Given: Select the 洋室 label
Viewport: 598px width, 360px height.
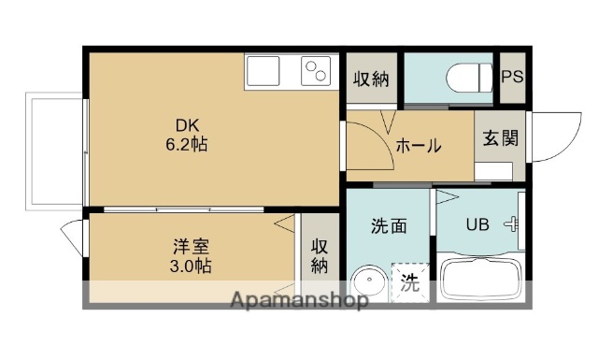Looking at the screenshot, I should click(191, 247).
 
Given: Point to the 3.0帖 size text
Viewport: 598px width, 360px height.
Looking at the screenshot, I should click(191, 266).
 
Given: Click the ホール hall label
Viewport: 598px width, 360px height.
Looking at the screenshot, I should click(418, 146).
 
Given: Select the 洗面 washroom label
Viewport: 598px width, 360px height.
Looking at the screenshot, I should click(389, 225).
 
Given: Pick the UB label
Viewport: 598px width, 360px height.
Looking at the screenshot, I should click(477, 225).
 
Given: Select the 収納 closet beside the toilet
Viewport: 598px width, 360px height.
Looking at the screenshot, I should click(371, 79).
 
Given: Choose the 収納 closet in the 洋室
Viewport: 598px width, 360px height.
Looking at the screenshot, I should click(320, 256).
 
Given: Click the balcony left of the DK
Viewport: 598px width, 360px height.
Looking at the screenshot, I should click(55, 150).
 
